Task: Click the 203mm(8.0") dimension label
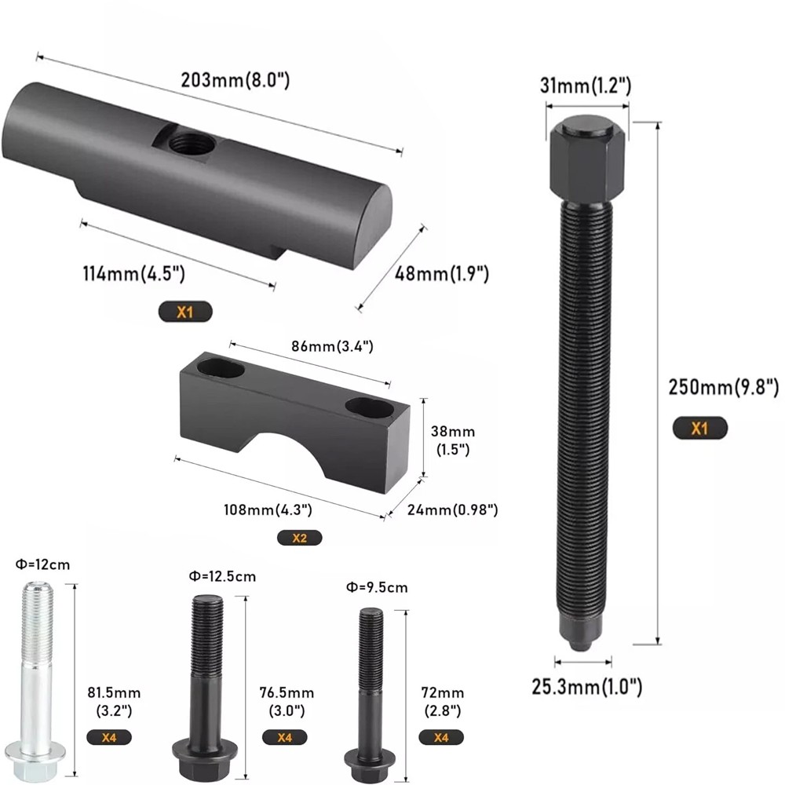click(x=235, y=80)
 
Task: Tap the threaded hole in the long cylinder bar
click(x=192, y=145)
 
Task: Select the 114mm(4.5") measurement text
click(x=133, y=274)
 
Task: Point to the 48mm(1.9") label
click(x=441, y=274)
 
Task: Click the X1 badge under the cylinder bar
click(x=185, y=312)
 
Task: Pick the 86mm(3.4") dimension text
click(x=332, y=346)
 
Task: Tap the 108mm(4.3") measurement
click(x=268, y=509)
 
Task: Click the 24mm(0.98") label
click(x=453, y=509)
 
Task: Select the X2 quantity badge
click(x=299, y=539)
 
